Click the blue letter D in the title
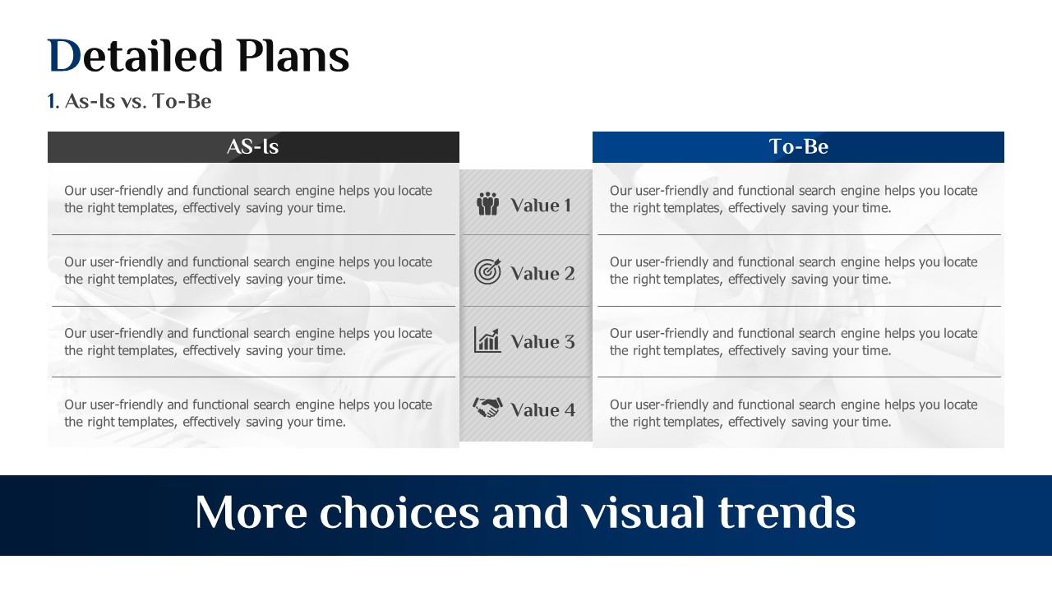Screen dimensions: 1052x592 (65, 56)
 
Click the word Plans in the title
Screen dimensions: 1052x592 (293, 56)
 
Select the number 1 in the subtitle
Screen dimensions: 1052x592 (52, 101)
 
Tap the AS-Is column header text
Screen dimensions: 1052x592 (252, 146)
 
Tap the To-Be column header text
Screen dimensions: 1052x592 (798, 146)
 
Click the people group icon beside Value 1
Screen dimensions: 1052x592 (487, 204)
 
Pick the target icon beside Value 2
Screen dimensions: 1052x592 (487, 271)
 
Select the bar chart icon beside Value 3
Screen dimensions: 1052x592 (487, 340)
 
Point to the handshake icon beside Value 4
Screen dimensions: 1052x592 (487, 407)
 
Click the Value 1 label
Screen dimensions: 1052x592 (541, 206)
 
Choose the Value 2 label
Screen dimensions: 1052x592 (542, 274)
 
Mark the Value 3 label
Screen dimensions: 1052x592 (542, 341)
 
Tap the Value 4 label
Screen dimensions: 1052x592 (542, 409)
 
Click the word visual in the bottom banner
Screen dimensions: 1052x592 (644, 512)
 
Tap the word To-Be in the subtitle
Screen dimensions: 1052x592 (182, 101)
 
